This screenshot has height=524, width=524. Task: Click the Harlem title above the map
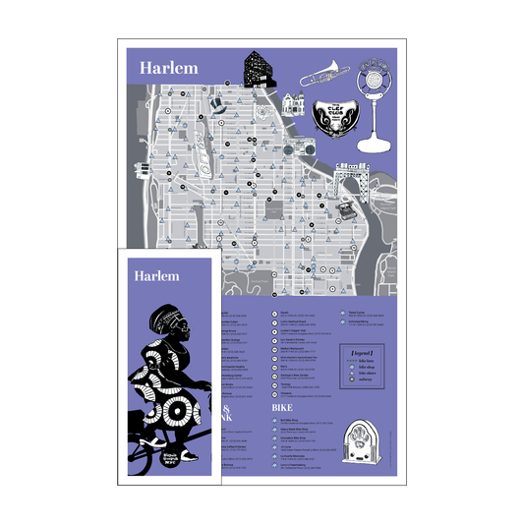pos(168,68)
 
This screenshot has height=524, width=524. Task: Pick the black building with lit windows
pos(259,69)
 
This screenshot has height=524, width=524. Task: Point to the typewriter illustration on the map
pos(346,209)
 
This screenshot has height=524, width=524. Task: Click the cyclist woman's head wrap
pos(162,319)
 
